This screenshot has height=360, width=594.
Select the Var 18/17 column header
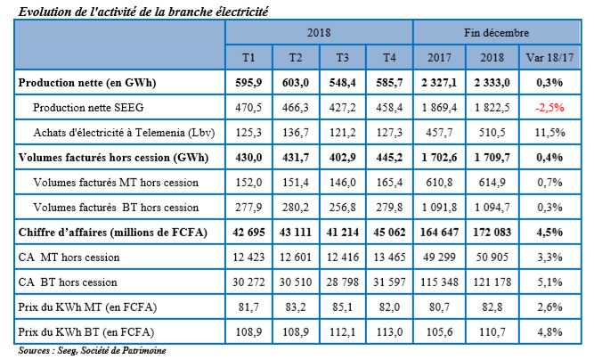click(549, 58)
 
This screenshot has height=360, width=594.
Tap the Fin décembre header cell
click(495, 32)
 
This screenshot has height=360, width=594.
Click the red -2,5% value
click(549, 108)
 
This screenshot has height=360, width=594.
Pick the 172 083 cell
click(496, 233)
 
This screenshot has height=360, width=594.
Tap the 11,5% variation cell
click(549, 133)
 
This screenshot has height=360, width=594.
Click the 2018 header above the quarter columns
click(319, 32)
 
